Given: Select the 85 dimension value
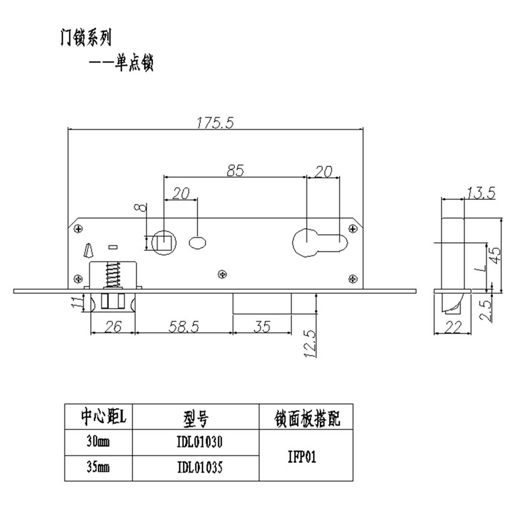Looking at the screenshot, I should [x=235, y=171].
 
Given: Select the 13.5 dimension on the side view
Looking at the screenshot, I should [x=481, y=194].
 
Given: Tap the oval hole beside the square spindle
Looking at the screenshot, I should [x=198, y=241].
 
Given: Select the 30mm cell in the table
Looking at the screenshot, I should [x=99, y=442].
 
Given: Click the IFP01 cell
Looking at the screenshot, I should [x=305, y=455].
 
